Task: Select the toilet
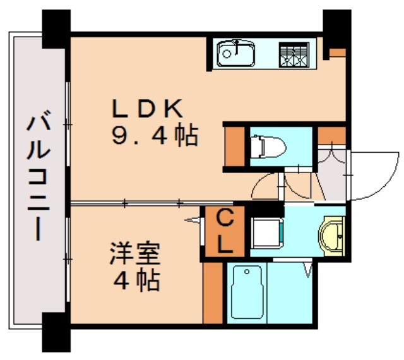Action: pos(267,147)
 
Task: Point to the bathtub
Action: pos(244,292)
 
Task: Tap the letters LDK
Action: pos(148,109)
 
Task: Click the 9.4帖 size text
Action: pos(155,136)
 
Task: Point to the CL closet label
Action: pos(224,231)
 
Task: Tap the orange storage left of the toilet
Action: pos(235,147)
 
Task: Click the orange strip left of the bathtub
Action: pos(213,291)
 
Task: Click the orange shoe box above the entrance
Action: pos(331,135)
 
